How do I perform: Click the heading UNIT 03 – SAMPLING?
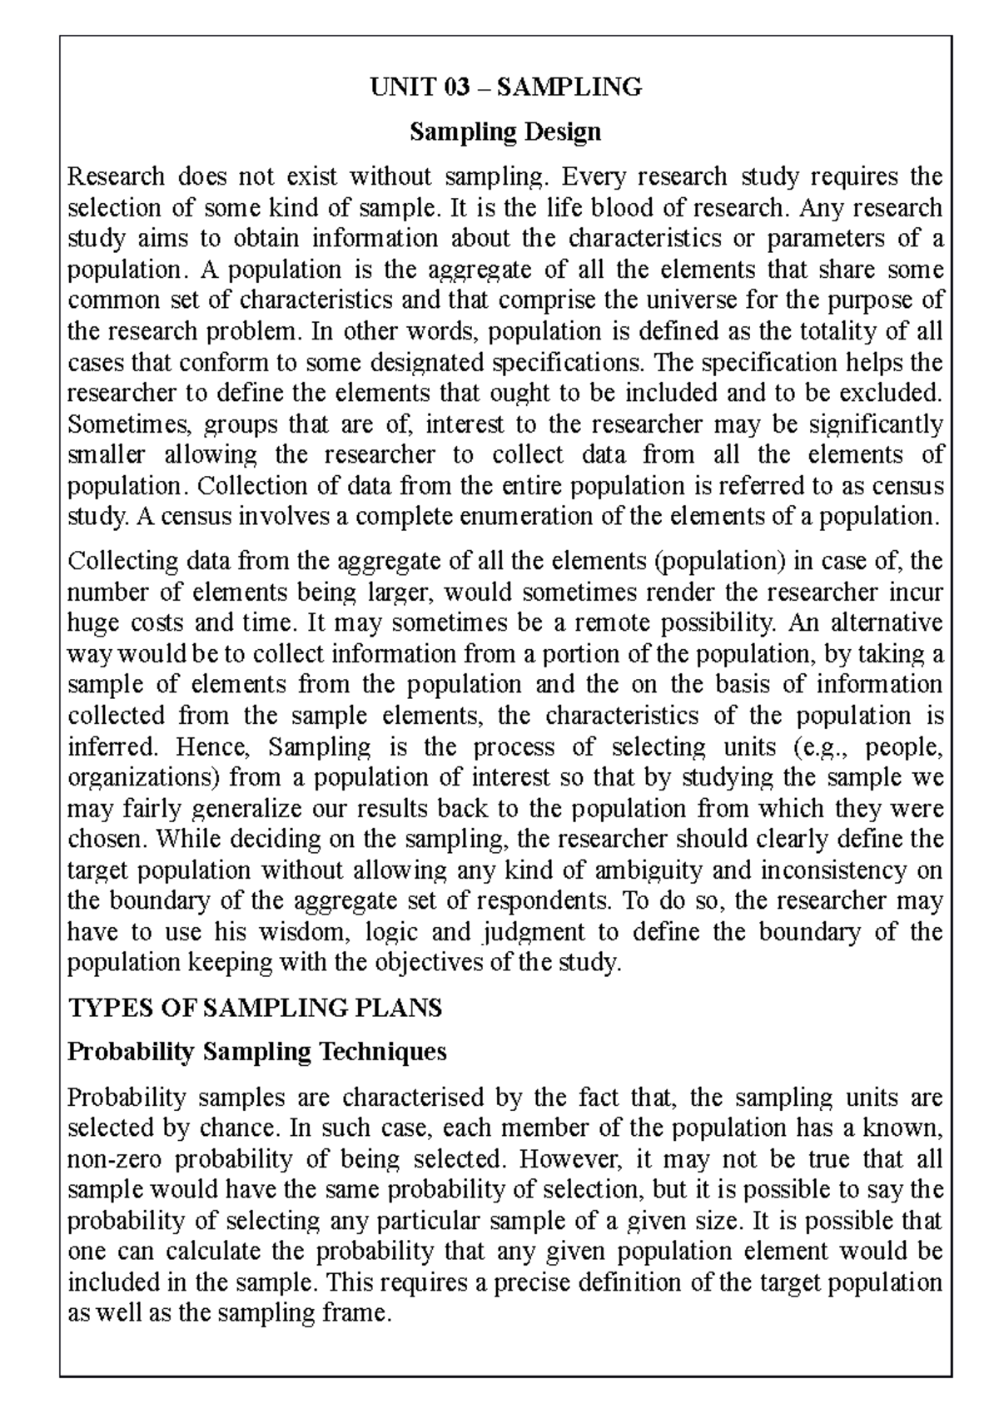pos(506,87)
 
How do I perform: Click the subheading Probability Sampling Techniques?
pos(256,1052)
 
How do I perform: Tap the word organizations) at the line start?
pos(142,778)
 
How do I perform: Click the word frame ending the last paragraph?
pos(353,1314)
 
